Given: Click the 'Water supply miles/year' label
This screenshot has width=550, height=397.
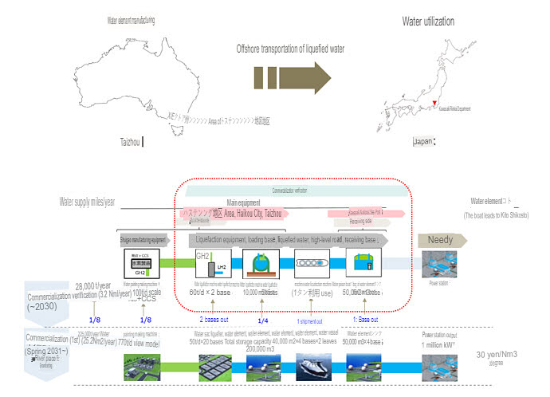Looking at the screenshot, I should pos(88,202).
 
